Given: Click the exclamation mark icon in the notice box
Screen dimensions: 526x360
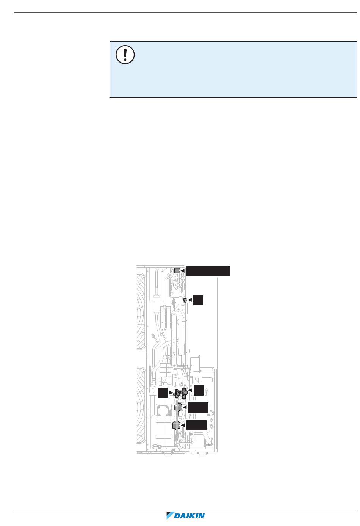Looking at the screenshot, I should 125,55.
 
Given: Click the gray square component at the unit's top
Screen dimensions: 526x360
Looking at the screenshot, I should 177,271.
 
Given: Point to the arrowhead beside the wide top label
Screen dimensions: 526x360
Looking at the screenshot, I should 183,271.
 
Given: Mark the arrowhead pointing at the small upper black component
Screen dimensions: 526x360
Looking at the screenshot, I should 190,300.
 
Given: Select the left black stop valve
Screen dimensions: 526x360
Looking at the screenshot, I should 177,394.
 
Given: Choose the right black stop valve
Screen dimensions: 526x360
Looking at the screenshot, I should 184,393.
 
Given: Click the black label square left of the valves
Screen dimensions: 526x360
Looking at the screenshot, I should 163,393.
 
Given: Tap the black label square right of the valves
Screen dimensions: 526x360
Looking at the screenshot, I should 199,390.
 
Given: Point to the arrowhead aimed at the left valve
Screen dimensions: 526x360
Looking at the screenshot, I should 171,393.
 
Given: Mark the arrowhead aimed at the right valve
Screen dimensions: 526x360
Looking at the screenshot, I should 191,390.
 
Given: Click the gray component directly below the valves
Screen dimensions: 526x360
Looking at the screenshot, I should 178,407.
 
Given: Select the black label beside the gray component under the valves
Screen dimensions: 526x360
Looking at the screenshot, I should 198,407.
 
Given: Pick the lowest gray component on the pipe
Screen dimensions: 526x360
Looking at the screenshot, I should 176,425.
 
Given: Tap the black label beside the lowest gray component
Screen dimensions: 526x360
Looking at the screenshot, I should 197,425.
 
